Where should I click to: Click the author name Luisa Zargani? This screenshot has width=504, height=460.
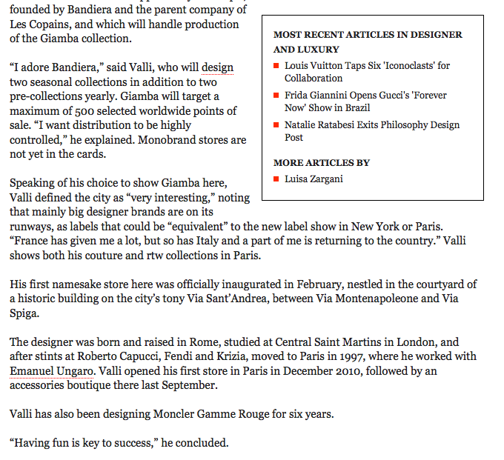pyautogui.click(x=314, y=179)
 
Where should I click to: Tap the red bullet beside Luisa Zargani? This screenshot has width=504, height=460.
pyautogui.click(x=276, y=179)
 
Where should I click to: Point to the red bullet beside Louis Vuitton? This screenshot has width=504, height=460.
pyautogui.click(x=276, y=66)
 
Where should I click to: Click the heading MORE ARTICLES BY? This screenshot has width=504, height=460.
pyautogui.click(x=322, y=162)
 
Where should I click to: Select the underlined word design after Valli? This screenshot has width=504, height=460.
pyautogui.click(x=217, y=67)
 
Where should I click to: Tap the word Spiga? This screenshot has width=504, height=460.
pyautogui.click(x=25, y=313)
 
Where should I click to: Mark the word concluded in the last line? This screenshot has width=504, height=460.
pyautogui.click(x=200, y=443)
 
